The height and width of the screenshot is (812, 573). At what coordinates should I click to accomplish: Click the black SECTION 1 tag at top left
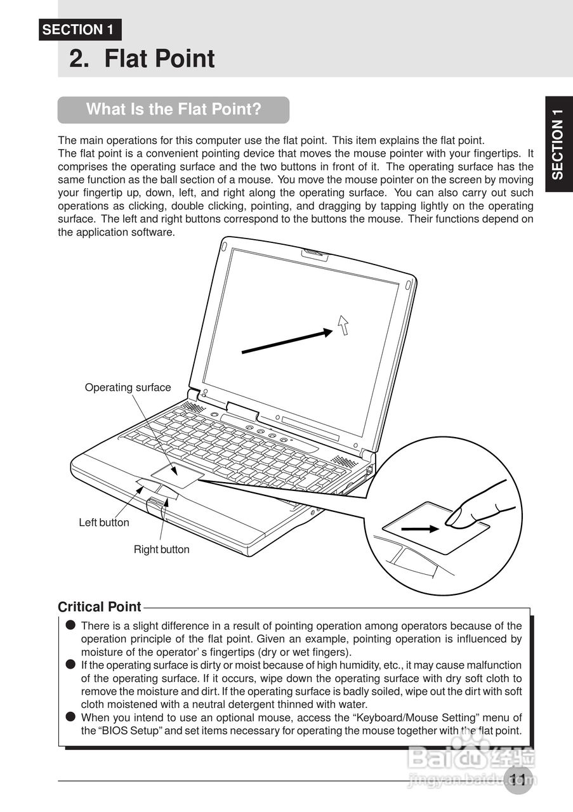pos(79,30)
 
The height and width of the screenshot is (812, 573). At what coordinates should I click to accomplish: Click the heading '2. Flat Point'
pos(142,59)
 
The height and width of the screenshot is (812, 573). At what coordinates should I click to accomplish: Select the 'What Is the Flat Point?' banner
pos(173,109)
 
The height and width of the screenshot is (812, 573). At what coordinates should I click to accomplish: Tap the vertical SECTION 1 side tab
pos(558,143)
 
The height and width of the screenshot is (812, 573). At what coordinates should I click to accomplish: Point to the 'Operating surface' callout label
pos(128,387)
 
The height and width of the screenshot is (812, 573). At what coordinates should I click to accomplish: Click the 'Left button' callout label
pos(103,523)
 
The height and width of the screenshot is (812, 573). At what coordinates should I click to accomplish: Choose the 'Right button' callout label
pos(161,549)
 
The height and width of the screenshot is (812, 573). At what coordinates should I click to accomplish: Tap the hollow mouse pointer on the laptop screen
pos(343,324)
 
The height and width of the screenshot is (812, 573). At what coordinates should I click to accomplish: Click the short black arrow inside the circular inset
pos(420,528)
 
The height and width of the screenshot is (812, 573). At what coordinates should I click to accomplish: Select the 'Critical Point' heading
pos(99,607)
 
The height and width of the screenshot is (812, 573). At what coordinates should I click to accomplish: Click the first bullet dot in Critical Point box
pos(70,625)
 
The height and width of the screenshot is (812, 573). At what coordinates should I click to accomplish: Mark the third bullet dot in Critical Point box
pos(70,717)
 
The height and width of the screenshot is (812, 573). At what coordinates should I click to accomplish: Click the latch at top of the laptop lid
pos(315,254)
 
